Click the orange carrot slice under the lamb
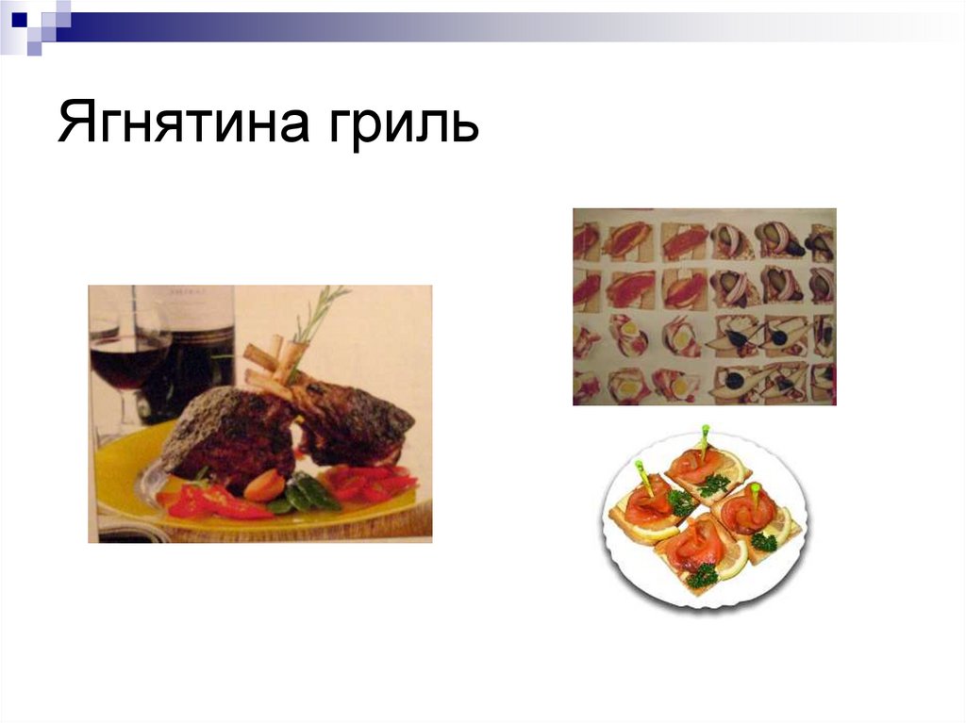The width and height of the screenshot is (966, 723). [263, 485]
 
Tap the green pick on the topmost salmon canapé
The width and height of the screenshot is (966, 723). [704, 436]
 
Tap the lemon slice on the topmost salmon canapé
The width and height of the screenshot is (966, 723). [728, 463]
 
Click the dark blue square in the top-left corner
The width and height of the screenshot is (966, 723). [19, 17]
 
